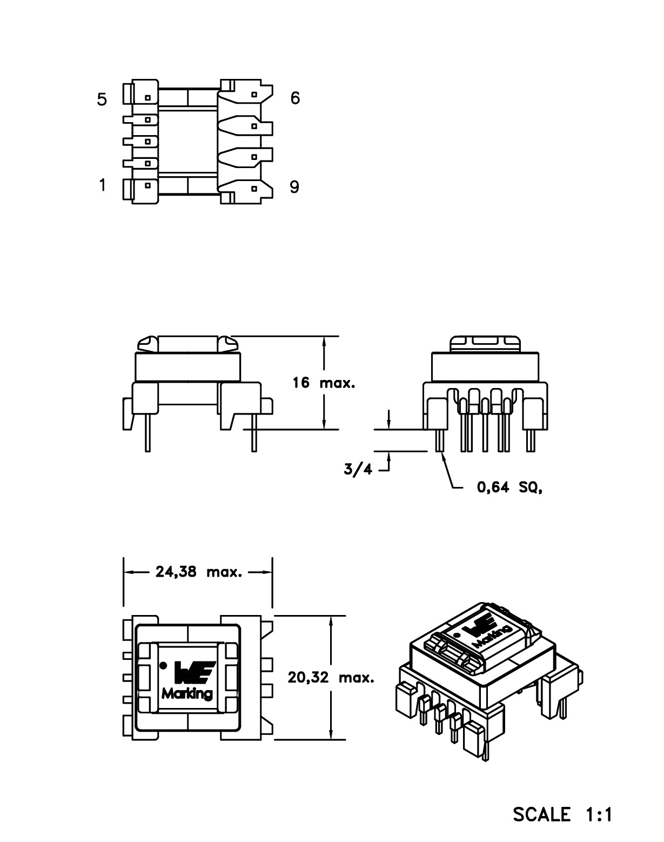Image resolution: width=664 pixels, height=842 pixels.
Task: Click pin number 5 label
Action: tap(102, 99)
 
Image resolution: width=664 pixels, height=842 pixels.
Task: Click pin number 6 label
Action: tap(296, 98)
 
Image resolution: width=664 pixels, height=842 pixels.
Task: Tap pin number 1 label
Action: tap(103, 185)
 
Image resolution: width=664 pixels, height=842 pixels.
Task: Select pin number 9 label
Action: tap(294, 187)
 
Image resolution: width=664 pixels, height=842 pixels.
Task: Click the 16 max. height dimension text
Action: tap(324, 383)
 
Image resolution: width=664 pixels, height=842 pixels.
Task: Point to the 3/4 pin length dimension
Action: tap(358, 469)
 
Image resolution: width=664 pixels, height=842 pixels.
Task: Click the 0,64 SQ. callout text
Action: tap(509, 487)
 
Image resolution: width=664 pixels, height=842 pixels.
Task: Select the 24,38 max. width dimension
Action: tap(199, 572)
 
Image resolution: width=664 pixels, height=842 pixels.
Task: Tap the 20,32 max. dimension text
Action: tap(331, 677)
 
